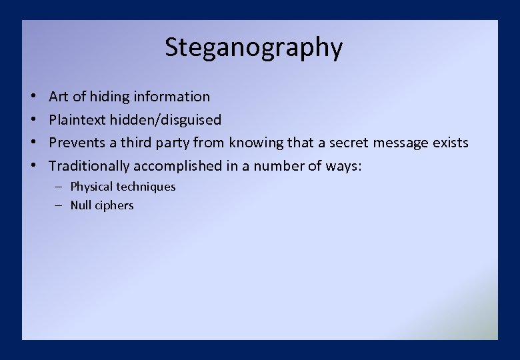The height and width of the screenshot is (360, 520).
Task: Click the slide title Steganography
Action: tap(253, 48)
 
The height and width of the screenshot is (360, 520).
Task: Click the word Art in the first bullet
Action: tap(59, 97)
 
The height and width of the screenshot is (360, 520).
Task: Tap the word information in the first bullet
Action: tap(171, 97)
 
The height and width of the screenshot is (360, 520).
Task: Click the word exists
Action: tap(449, 143)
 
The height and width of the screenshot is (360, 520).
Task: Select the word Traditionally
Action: tap(89, 165)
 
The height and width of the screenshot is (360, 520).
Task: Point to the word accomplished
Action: tap(177, 165)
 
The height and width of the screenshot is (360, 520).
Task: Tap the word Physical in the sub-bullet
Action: tap(91, 187)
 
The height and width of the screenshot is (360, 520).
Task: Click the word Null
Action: tap(80, 205)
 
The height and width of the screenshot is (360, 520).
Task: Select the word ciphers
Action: tap(114, 205)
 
